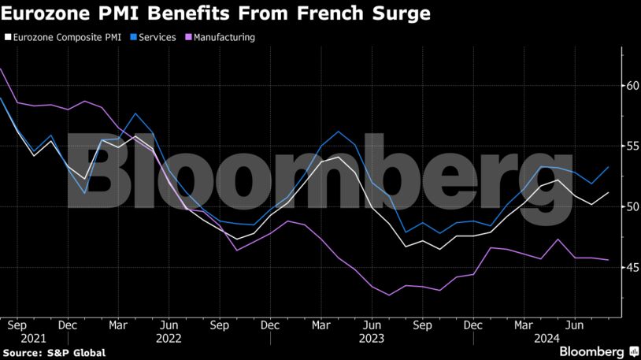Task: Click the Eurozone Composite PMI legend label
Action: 65,37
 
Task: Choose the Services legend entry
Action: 157,37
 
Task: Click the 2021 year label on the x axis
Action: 17,338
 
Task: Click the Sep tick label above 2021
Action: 17,325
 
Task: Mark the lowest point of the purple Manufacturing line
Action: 389,295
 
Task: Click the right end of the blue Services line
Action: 608,167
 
